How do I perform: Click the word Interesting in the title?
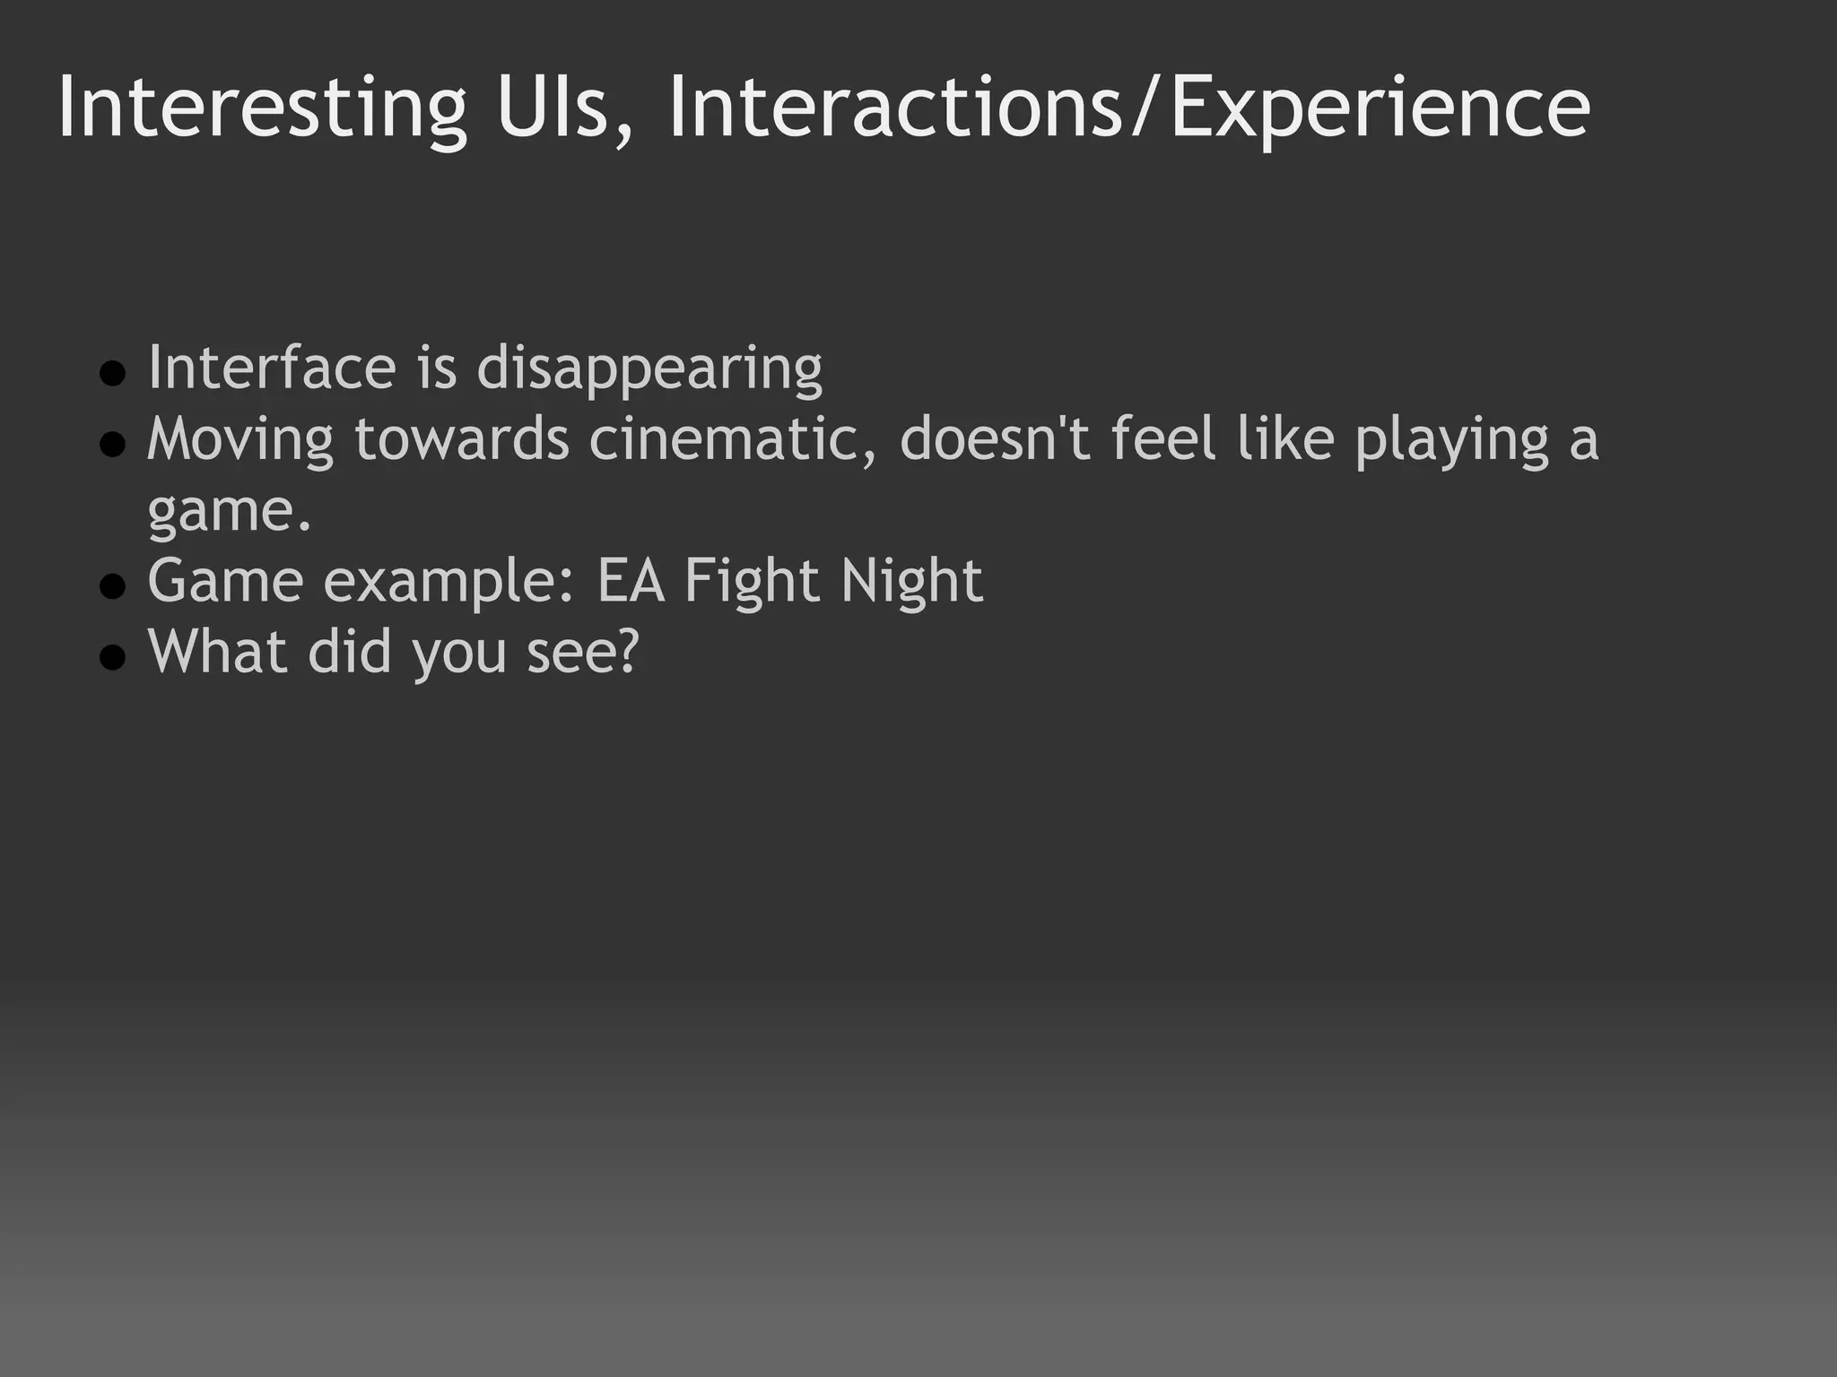pyautogui.click(x=261, y=109)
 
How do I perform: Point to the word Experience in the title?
pyautogui.click(x=1380, y=109)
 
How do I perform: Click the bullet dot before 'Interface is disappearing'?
pyautogui.click(x=112, y=373)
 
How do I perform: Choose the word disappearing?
pyautogui.click(x=649, y=369)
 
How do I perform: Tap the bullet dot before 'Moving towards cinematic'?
pyautogui.click(x=112, y=444)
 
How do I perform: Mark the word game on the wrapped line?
pyautogui.click(x=222, y=513)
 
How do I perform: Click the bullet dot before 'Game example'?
pyautogui.click(x=112, y=585)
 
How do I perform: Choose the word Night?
pyautogui.click(x=911, y=583)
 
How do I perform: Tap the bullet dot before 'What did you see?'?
pyautogui.click(x=112, y=657)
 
